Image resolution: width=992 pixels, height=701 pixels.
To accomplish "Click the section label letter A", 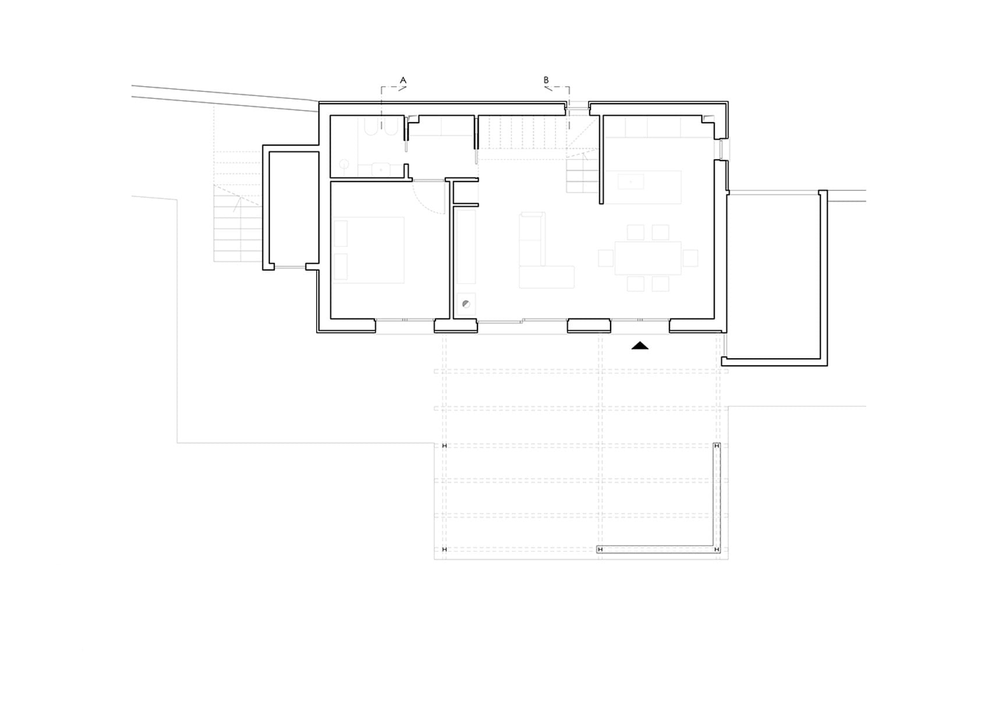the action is [x=403, y=80].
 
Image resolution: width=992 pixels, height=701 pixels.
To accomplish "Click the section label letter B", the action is [x=546, y=80].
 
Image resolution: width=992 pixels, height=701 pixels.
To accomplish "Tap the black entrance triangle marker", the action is [x=640, y=346].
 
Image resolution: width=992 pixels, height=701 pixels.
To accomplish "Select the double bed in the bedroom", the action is [x=369, y=250].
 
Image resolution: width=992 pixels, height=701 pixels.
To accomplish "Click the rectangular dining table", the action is [x=648, y=258].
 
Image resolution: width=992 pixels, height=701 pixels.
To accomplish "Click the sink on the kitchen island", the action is [x=630, y=182].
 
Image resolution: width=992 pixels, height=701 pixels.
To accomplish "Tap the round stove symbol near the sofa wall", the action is [x=466, y=304].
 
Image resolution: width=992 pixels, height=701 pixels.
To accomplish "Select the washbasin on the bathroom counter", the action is [x=381, y=169].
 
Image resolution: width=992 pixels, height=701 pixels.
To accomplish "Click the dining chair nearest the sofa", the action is [x=606, y=258].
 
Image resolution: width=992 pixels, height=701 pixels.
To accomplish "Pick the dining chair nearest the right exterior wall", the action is [x=690, y=258].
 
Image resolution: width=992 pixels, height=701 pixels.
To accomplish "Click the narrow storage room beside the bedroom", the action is [x=293, y=208].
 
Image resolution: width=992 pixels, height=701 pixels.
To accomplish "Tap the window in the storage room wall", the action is [x=290, y=267].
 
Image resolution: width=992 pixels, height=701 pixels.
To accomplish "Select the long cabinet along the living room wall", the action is [x=466, y=247].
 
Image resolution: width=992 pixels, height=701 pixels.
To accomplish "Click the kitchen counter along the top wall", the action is [x=653, y=127].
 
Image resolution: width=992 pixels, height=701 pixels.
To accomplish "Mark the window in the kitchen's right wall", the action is [x=721, y=150].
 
